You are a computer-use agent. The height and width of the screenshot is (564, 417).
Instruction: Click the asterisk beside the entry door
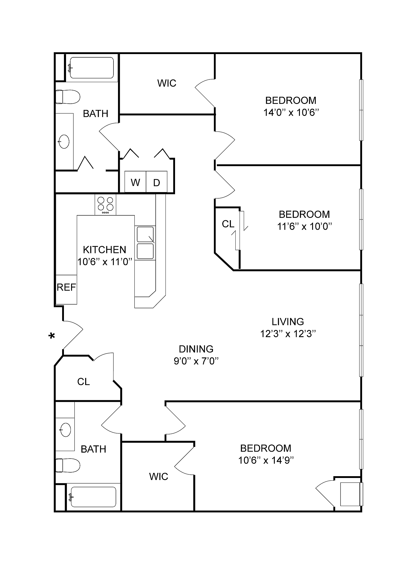52,336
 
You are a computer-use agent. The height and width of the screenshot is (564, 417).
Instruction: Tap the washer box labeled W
135,182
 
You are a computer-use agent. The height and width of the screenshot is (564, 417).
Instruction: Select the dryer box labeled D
157,182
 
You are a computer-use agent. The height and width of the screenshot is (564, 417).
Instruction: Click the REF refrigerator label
66,287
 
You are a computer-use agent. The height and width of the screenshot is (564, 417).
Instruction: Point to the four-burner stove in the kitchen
105,204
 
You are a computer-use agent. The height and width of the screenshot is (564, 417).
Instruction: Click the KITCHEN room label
105,249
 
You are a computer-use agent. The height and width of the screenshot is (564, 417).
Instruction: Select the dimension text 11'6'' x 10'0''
305,226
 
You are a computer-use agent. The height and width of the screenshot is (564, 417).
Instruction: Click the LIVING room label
288,321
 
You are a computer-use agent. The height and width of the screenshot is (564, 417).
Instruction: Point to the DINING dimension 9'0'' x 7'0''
196,361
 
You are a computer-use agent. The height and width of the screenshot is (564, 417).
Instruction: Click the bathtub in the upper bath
92,68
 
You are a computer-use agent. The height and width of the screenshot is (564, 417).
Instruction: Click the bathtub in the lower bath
93,497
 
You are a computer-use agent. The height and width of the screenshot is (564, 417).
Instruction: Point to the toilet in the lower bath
68,465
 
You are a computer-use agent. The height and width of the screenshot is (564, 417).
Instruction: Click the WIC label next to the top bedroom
167,83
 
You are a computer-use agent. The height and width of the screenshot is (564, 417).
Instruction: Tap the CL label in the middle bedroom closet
228,224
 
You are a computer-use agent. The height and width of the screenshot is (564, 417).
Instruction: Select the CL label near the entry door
83,381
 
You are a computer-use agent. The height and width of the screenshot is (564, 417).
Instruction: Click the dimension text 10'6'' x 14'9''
266,460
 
